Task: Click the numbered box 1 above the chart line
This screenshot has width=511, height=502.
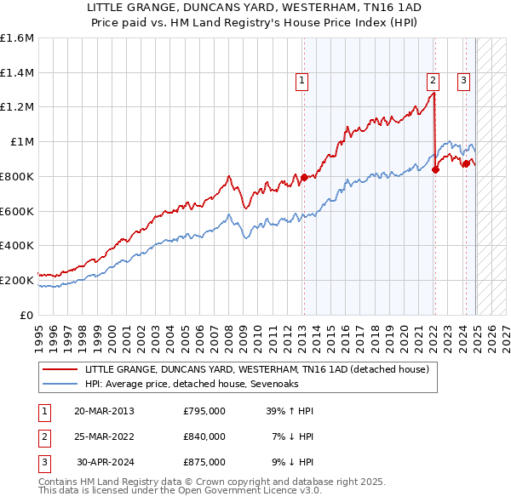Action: pyautogui.click(x=302, y=81)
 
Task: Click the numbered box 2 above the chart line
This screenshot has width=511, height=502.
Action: pyautogui.click(x=433, y=81)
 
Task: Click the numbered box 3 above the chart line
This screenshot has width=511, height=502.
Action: pyautogui.click(x=464, y=81)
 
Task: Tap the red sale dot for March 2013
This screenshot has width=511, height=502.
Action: pyautogui.click(x=303, y=177)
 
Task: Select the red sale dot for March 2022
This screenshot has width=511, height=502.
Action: pyautogui.click(x=435, y=169)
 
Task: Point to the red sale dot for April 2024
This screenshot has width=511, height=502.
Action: pyautogui.click(x=466, y=163)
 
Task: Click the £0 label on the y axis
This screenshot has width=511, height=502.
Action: pyautogui.click(x=27, y=315)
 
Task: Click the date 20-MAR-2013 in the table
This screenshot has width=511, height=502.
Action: pyautogui.click(x=104, y=411)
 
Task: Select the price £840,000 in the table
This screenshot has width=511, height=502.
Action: pyautogui.click(x=204, y=436)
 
